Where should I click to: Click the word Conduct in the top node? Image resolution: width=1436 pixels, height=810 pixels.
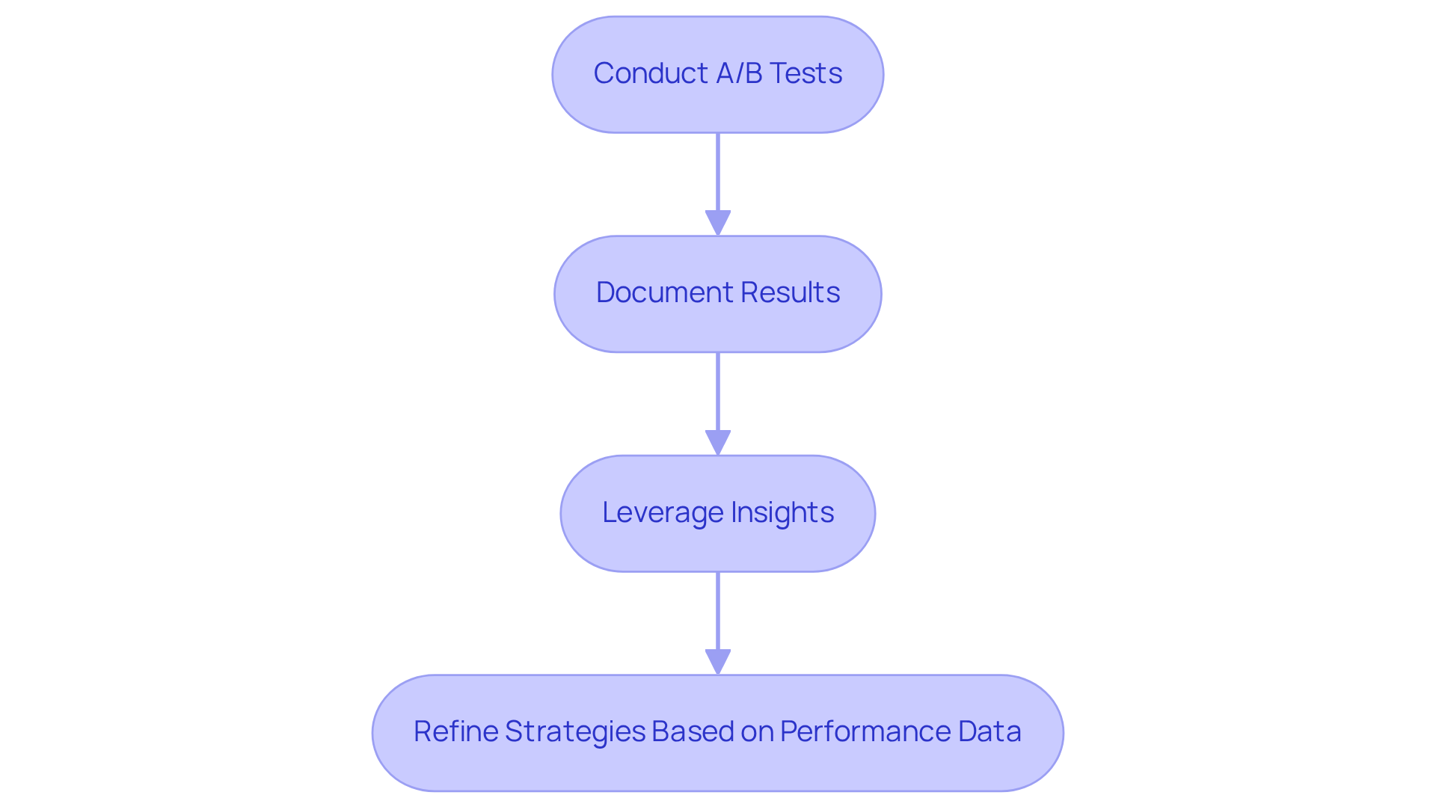pyautogui.click(x=650, y=73)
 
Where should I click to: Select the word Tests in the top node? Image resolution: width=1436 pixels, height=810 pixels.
pyautogui.click(x=806, y=73)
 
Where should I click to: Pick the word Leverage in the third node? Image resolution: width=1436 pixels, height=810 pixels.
pyautogui.click(x=663, y=512)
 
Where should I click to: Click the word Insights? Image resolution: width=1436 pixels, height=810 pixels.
pyautogui.click(x=782, y=512)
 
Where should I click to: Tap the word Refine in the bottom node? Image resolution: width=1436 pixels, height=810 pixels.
pyautogui.click(x=455, y=731)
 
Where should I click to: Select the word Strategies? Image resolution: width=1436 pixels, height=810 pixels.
pyautogui.click(x=574, y=731)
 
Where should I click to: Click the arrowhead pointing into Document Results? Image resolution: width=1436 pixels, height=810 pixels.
pyautogui.click(x=718, y=223)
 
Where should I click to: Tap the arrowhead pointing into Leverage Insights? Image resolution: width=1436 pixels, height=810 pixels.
pyautogui.click(x=718, y=442)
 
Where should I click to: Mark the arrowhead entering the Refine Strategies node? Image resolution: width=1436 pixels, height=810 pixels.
pyautogui.click(x=718, y=662)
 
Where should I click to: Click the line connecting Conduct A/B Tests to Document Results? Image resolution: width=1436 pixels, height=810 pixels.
pyautogui.click(x=718, y=172)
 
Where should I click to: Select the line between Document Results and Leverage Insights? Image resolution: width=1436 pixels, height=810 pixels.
pyautogui.click(x=718, y=391)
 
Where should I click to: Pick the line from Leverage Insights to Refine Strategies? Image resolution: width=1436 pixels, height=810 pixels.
pyautogui.click(x=718, y=610)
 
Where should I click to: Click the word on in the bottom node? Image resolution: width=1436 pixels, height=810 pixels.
pyautogui.click(x=757, y=731)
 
